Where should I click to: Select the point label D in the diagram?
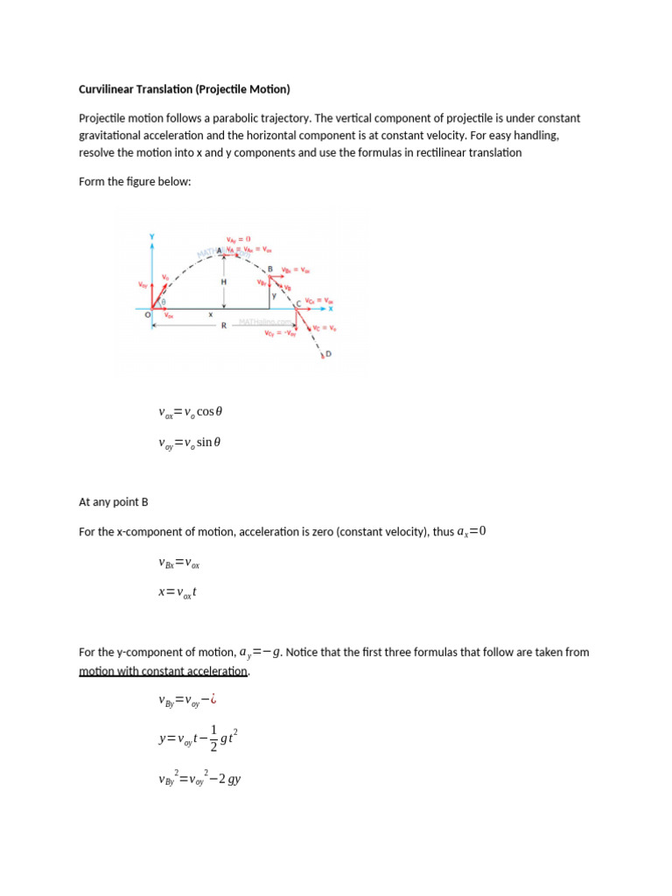pyautogui.click(x=329, y=353)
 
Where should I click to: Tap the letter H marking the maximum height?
pyautogui.click(x=223, y=283)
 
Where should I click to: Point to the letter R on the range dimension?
pyautogui.click(x=223, y=325)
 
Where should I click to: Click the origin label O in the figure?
pyautogui.click(x=147, y=314)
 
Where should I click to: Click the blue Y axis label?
pyautogui.click(x=153, y=236)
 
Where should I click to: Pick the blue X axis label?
pyautogui.click(x=331, y=308)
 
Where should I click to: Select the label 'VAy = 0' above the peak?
pyautogui.click(x=238, y=239)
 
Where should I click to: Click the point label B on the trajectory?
pyautogui.click(x=269, y=269)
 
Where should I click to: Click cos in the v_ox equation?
pyautogui.click(x=205, y=411)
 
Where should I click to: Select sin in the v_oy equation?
pyautogui.click(x=205, y=443)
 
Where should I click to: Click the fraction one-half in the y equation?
pyautogui.click(x=213, y=740)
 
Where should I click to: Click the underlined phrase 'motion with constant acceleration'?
pyautogui.click(x=164, y=671)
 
